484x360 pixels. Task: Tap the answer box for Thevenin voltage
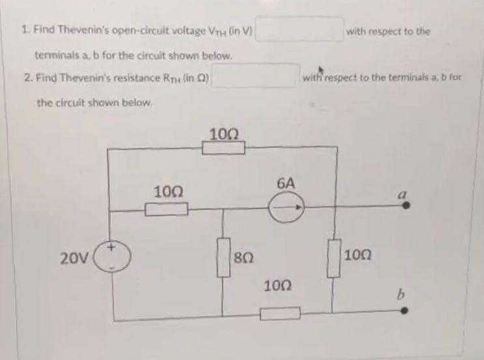pos(300,29)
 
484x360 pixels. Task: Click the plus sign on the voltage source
pos(111,247)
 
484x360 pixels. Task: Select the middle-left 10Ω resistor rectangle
pos(166,210)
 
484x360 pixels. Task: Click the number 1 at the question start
pos(23,30)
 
